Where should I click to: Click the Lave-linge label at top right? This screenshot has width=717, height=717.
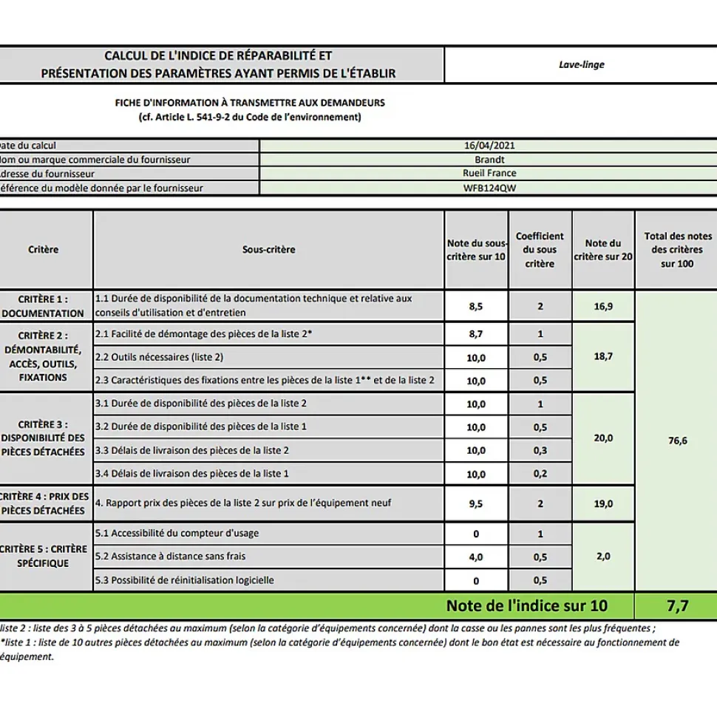pyautogui.click(x=581, y=65)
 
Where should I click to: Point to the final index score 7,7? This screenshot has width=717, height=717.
pyautogui.click(x=676, y=606)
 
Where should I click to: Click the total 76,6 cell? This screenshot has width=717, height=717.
pyautogui.click(x=676, y=441)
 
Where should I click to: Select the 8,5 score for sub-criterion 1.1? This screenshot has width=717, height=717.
pyautogui.click(x=476, y=306)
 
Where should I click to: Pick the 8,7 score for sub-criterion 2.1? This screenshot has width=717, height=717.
pyautogui.click(x=476, y=334)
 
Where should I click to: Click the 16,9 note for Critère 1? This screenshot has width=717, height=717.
pyautogui.click(x=603, y=306)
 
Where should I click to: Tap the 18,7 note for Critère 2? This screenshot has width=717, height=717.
pyautogui.click(x=603, y=356)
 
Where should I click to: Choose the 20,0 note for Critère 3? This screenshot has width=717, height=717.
pyautogui.click(x=603, y=438)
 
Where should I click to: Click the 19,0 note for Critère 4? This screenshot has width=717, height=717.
pyautogui.click(x=603, y=504)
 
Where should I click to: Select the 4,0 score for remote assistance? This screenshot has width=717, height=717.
pyautogui.click(x=476, y=557)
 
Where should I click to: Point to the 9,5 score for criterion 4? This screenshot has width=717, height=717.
pyautogui.click(x=476, y=504)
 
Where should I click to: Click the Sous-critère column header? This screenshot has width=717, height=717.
pyautogui.click(x=268, y=250)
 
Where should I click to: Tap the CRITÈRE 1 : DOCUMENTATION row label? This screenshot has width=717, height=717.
pyautogui.click(x=44, y=306)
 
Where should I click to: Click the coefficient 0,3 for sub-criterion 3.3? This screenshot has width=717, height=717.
pyautogui.click(x=540, y=450)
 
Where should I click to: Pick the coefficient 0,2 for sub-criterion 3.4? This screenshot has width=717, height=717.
pyautogui.click(x=540, y=474)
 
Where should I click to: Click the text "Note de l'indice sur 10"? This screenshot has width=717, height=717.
pyautogui.click(x=526, y=606)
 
